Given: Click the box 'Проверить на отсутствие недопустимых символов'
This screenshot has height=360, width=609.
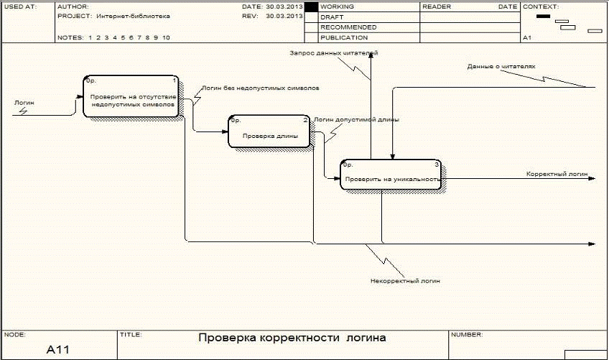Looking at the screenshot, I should [x=132, y=96].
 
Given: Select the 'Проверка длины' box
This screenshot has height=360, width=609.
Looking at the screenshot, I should [x=269, y=131].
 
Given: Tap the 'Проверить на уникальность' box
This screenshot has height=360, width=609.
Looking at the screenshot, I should [x=391, y=175].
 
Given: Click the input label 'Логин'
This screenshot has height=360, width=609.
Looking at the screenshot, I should [x=24, y=103].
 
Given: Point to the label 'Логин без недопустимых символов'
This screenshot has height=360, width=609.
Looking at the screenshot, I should [x=260, y=88].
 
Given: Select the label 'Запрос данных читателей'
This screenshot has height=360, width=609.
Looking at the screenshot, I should [x=334, y=53].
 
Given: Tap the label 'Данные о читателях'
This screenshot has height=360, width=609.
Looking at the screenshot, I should [x=501, y=66].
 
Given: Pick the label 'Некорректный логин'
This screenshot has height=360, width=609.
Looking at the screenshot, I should [x=405, y=281].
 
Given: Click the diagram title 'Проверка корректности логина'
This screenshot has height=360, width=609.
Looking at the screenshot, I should [x=292, y=338].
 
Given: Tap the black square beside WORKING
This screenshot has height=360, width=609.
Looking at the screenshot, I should [x=311, y=7].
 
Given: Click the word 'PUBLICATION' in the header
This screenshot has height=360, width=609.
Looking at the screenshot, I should [x=344, y=37].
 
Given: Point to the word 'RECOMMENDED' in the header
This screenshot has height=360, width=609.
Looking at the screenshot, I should [x=348, y=27].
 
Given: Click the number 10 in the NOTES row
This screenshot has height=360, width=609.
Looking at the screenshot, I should [x=166, y=37].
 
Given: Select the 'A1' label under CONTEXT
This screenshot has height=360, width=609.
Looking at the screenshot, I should [x=526, y=37].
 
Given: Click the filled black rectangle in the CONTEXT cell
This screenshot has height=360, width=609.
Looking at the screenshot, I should [x=544, y=17].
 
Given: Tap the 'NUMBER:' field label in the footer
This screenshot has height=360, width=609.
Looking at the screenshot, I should [x=467, y=334].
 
